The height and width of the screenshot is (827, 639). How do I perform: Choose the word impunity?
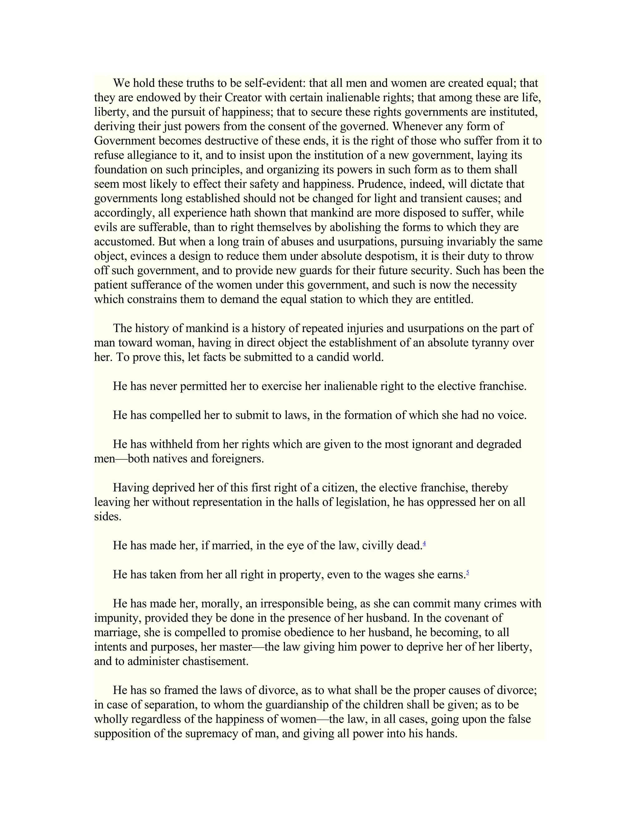point(116,618)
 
